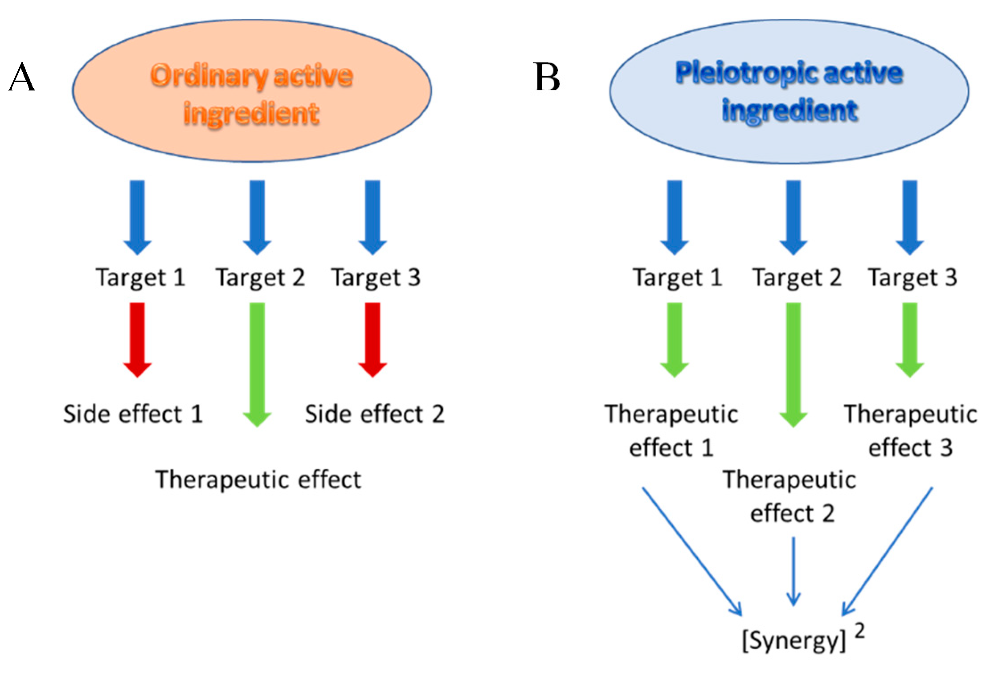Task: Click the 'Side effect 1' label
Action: coord(133,414)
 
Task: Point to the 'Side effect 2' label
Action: coord(374,414)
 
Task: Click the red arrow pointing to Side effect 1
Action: coord(138,339)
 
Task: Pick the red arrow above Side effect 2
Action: coord(373,339)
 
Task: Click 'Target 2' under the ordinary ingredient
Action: coord(260,277)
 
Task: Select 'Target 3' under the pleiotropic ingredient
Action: coord(912,277)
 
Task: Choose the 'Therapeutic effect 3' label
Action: coord(910,430)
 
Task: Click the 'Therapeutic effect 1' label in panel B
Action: coord(671,430)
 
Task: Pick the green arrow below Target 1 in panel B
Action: coord(675,339)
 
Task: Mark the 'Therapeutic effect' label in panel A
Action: coord(258,480)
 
